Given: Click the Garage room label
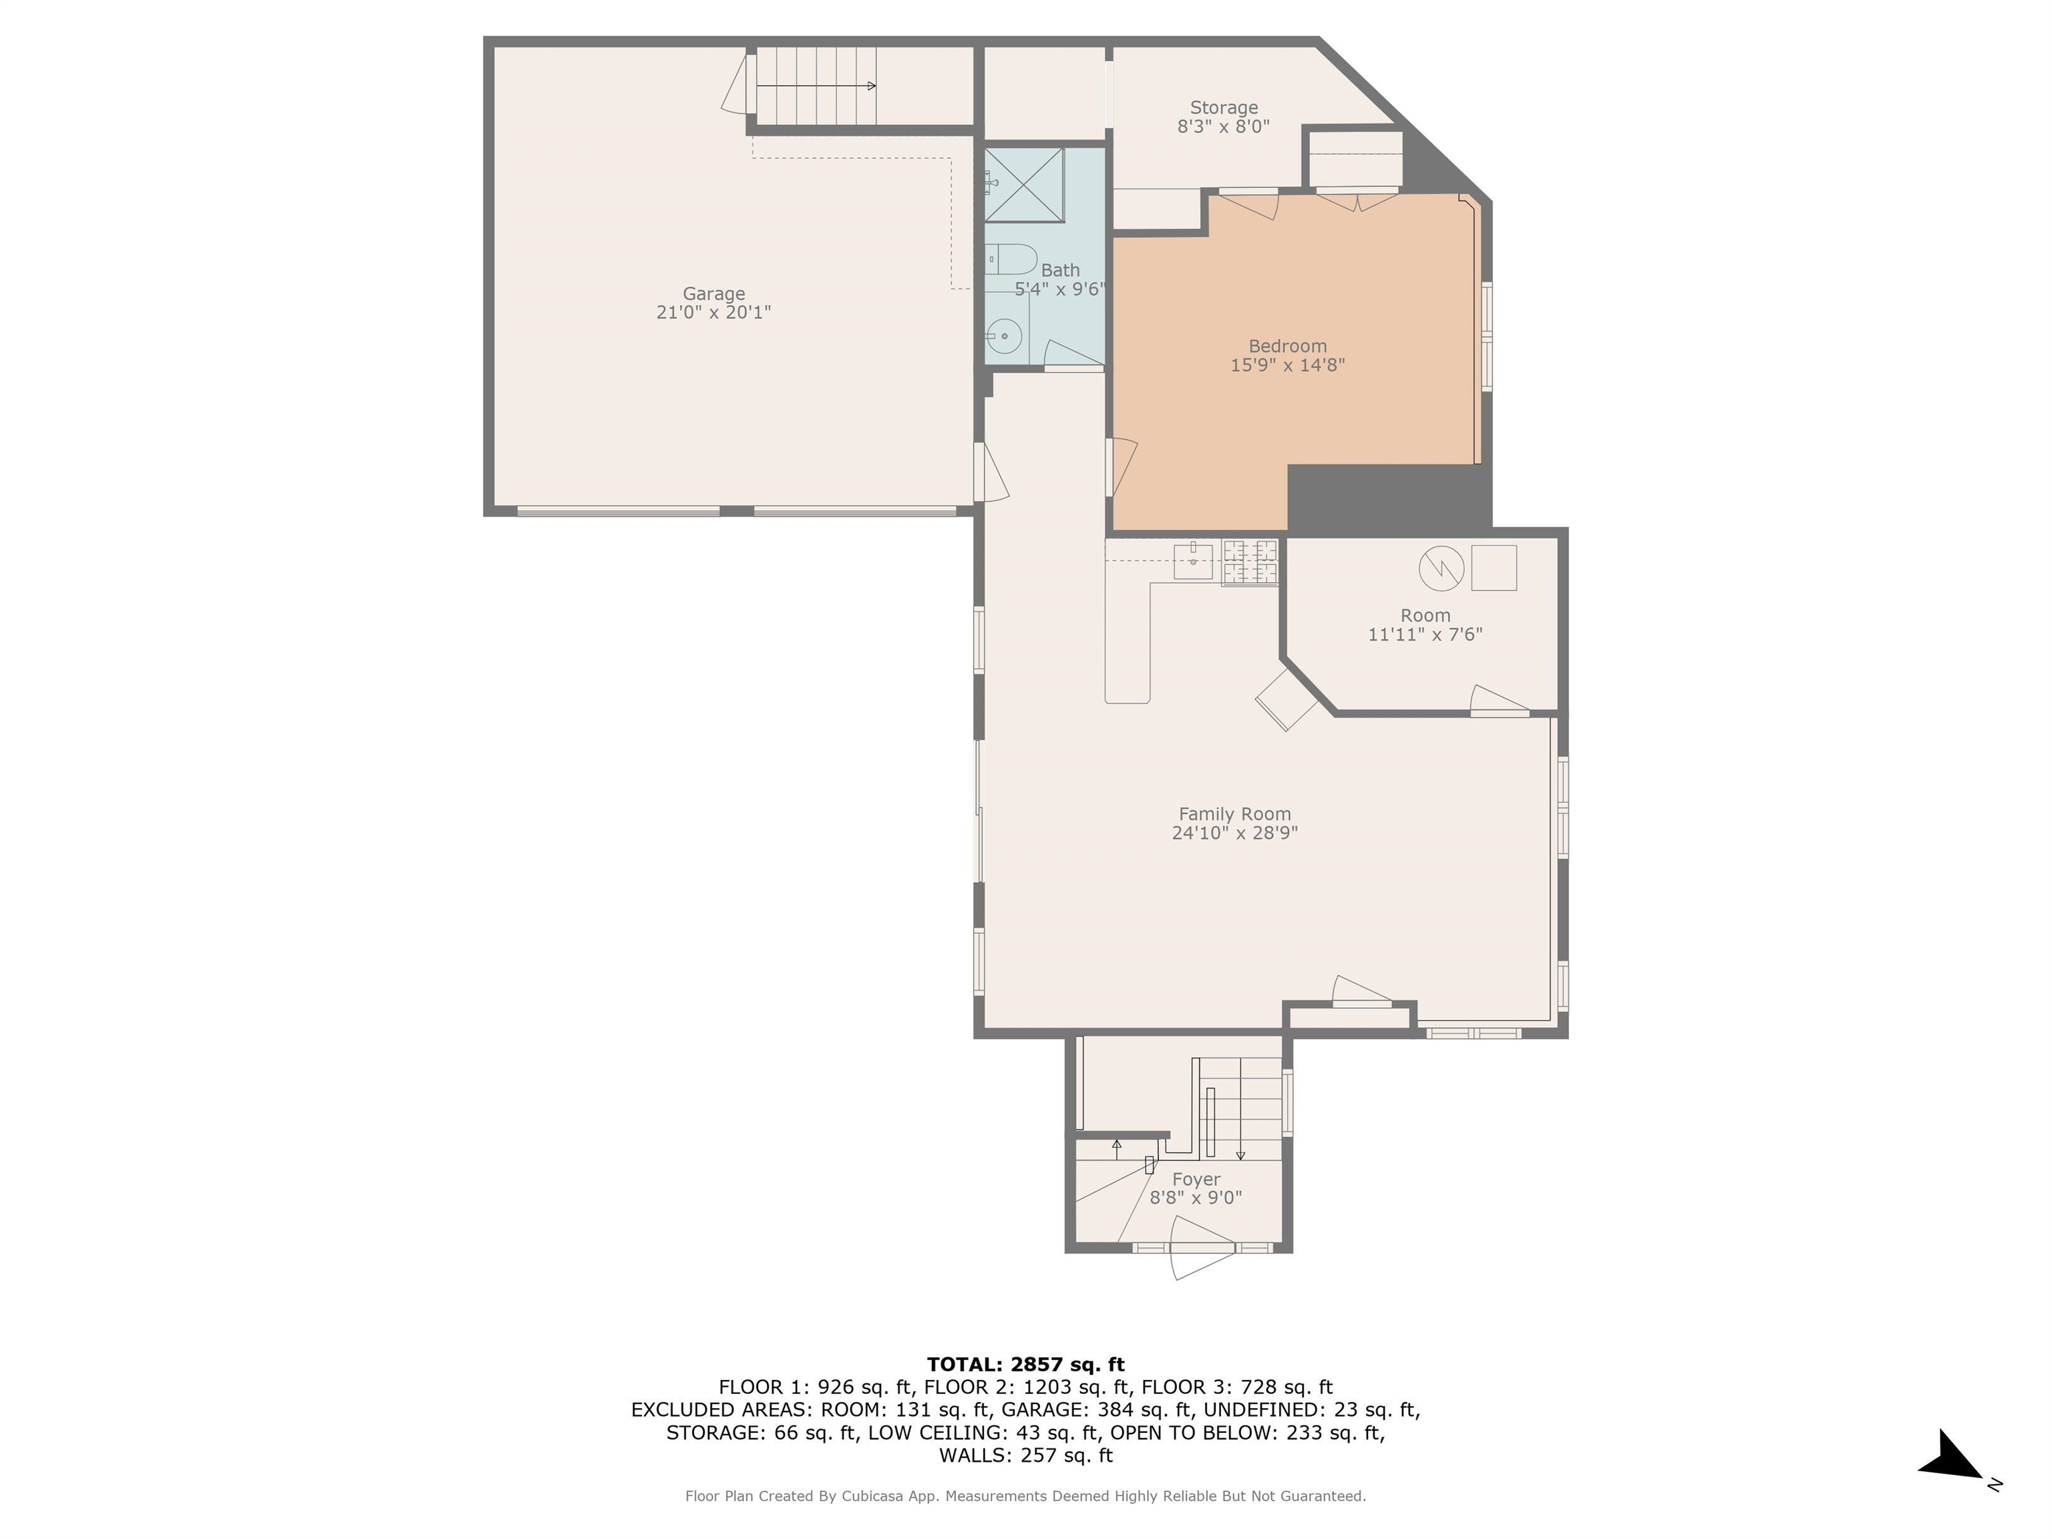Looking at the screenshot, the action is tap(713, 293).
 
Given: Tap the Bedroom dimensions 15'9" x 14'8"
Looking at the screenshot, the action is tap(1288, 365).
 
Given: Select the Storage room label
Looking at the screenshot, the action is tap(1224, 108).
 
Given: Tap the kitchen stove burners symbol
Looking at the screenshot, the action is tap(1250, 562).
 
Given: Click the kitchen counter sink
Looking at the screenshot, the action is tap(1193, 561).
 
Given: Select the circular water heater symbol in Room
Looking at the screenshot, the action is tap(1441, 568).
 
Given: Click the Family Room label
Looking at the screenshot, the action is tap(1234, 814).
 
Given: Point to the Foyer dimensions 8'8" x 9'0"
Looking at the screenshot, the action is tap(1196, 1198).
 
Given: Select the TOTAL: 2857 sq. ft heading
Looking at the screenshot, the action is tap(1025, 1365).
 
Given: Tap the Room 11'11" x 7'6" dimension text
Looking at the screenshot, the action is tap(1425, 635).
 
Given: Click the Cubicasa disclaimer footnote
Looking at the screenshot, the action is tap(1025, 1496).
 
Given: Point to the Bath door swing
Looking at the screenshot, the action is tap(1074, 353).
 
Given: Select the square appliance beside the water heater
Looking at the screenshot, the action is tap(1494, 568).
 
